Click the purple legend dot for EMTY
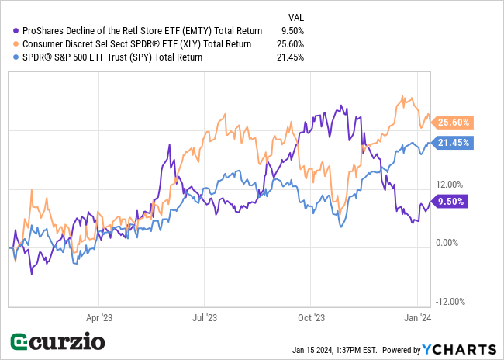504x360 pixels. coord(17,31)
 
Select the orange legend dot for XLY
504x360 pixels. coord(17,44)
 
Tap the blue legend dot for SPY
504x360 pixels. coord(17,57)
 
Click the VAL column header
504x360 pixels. coord(295,16)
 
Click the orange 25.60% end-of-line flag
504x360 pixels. coord(454,122)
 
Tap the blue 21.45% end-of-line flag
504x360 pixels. coord(454,143)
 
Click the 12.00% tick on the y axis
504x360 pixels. coord(450,185)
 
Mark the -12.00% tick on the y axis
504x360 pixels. coord(449,302)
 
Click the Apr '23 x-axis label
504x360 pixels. coord(99,317)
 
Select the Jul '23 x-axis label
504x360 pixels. coord(204,317)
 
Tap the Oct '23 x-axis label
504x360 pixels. coord(310,317)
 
